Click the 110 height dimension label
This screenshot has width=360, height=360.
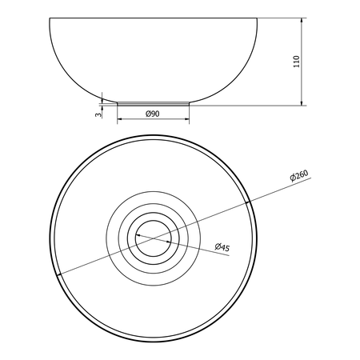[296, 62]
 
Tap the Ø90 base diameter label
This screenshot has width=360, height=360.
[153, 114]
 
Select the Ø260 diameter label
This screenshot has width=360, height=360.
[299, 175]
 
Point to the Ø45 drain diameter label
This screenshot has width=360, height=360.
[222, 247]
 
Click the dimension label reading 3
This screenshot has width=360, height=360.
[98, 114]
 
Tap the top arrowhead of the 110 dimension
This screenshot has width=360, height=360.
[302, 21]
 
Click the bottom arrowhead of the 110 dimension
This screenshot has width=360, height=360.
[302, 102]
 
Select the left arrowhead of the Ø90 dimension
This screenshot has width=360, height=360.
[120, 119]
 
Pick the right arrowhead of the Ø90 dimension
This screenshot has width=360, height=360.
[186, 119]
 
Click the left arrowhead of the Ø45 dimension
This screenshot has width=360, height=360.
[138, 235]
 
